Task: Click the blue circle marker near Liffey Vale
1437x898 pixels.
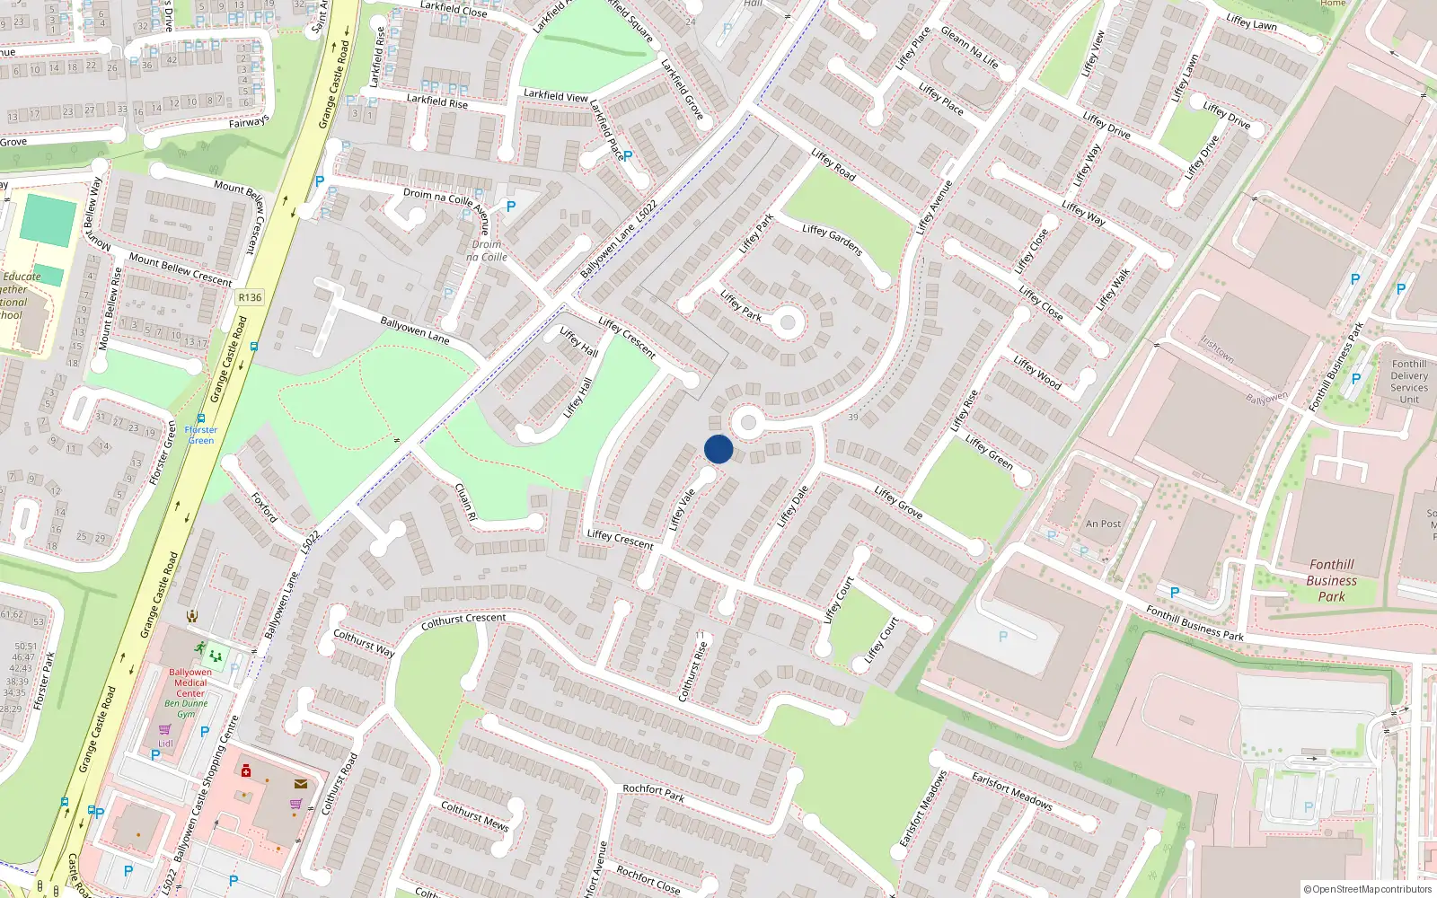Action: pyautogui.click(x=718, y=449)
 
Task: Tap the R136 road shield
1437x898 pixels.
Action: pyautogui.click(x=250, y=297)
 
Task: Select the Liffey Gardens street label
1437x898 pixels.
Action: pyautogui.click(x=832, y=240)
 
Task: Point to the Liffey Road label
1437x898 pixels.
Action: pyautogui.click(x=833, y=164)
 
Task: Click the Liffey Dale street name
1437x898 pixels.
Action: pyautogui.click(x=792, y=506)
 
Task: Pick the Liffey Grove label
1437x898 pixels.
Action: pyautogui.click(x=898, y=502)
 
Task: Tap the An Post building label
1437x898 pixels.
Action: pyautogui.click(x=1103, y=524)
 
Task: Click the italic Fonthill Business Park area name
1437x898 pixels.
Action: pyautogui.click(x=1331, y=580)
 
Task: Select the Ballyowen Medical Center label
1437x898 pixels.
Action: pyautogui.click(x=190, y=682)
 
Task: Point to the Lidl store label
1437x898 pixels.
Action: pyautogui.click(x=165, y=744)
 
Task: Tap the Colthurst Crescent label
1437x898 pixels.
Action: pyautogui.click(x=463, y=621)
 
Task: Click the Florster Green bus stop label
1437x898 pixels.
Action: pyautogui.click(x=201, y=435)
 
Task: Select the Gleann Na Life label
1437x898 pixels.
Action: pyautogui.click(x=969, y=47)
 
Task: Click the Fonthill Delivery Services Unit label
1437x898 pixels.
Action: pyautogui.click(x=1408, y=382)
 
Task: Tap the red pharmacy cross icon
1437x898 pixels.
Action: pyautogui.click(x=246, y=770)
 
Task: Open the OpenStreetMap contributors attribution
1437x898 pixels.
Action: pyautogui.click(x=1367, y=889)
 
